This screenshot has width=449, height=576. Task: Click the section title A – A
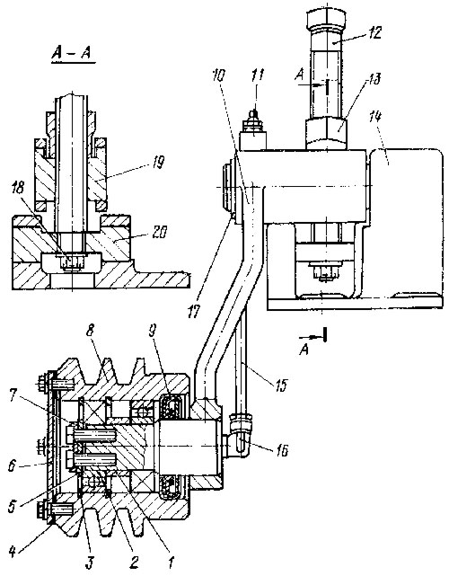pyautogui.click(x=72, y=54)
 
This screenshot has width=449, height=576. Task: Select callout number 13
pyautogui.click(x=374, y=79)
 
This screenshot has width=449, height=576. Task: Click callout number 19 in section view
pyautogui.click(x=157, y=162)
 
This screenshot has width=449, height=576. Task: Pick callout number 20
pyautogui.click(x=159, y=232)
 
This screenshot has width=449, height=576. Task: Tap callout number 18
pyautogui.click(x=17, y=188)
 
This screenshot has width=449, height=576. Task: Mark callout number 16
pyautogui.click(x=281, y=450)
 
